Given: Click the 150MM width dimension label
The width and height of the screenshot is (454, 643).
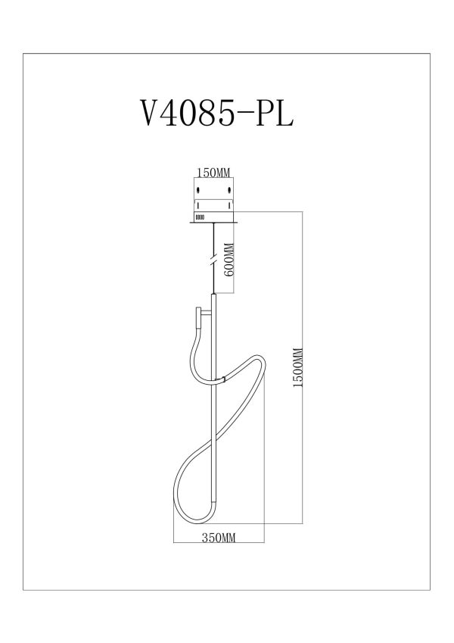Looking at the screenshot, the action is (213, 173).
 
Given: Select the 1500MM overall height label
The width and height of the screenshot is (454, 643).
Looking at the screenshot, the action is (298, 368).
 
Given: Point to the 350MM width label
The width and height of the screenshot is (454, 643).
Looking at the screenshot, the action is (219, 537).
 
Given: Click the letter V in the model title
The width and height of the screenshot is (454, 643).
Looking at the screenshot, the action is (152, 113).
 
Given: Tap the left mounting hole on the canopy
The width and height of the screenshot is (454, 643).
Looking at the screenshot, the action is (199, 190).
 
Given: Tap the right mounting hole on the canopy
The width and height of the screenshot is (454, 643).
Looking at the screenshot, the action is (229, 190).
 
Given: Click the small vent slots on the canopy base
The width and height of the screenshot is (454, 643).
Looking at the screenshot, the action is (200, 217).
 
